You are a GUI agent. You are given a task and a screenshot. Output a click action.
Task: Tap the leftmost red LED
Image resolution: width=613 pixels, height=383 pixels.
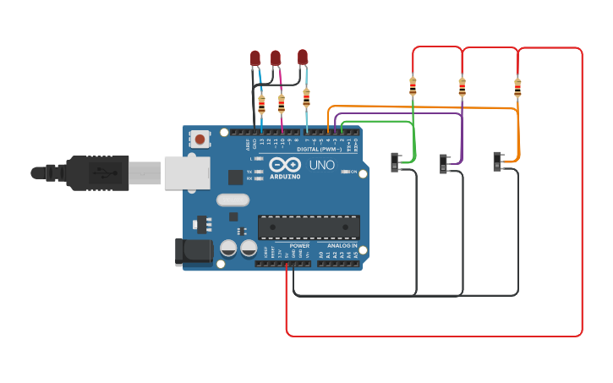point(255,58)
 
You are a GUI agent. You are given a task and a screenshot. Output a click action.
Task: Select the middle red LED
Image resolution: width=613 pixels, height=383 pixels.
point(276,57)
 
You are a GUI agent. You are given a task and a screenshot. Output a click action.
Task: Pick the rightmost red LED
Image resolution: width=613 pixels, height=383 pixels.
point(303,57)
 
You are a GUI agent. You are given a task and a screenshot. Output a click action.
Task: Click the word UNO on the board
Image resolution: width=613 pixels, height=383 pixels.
point(321,165)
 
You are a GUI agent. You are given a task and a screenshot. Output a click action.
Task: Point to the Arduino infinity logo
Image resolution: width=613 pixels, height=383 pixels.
point(285,164)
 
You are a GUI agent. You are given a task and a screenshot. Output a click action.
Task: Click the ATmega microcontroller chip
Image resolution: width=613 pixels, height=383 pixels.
point(309,227)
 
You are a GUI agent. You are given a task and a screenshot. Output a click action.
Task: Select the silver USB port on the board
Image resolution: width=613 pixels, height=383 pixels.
point(186,172)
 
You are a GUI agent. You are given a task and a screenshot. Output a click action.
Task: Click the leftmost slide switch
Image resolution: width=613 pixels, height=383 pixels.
point(396,161)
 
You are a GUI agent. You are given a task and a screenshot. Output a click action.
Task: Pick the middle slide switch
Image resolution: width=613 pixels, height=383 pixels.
point(445,163)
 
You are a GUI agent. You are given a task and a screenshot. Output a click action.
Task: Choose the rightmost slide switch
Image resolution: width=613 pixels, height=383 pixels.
point(498,161)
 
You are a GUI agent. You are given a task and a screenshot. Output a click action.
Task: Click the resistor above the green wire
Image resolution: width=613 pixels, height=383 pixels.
point(413,86)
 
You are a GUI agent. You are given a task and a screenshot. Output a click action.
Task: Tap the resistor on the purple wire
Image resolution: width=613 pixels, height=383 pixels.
point(462,86)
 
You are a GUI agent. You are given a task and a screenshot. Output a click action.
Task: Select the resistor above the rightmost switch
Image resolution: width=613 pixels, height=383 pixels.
point(517,86)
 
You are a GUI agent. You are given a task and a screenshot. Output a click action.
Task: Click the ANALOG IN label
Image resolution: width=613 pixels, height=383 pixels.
point(343,245)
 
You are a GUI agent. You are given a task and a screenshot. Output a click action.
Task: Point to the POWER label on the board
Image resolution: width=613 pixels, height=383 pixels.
point(299,245)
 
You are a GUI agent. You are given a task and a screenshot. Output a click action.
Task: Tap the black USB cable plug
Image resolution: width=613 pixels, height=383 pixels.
point(97,172)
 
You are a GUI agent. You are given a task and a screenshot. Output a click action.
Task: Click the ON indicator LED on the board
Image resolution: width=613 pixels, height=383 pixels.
point(348,172)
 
